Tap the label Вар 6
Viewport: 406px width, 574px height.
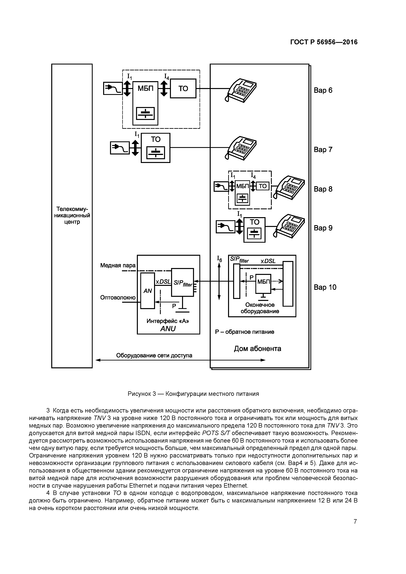click(323, 90)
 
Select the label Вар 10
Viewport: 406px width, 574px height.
click(325, 287)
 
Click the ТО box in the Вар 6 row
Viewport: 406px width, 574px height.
click(183, 89)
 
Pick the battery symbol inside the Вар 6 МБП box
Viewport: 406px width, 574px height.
click(145, 114)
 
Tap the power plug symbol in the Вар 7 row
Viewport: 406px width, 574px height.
click(120, 148)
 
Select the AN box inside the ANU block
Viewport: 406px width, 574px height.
click(147, 291)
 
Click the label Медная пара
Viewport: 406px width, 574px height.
click(118, 265)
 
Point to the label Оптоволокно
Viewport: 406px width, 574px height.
click(118, 297)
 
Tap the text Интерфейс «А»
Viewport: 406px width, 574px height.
click(168, 321)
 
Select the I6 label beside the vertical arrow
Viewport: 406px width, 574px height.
click(219, 259)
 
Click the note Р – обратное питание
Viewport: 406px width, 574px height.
click(244, 332)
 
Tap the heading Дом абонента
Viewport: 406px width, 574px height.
click(257, 349)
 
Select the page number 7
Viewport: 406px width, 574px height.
click(355, 521)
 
